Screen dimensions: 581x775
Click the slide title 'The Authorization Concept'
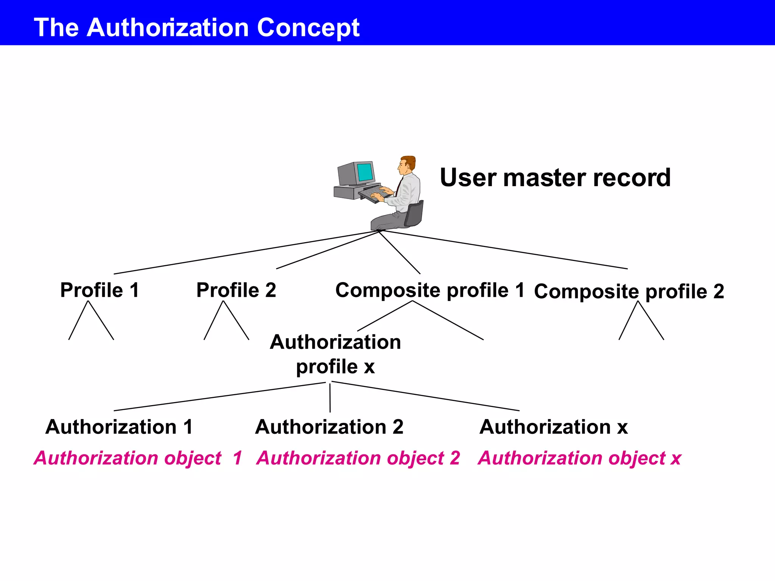(x=196, y=27)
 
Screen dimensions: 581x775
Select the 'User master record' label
(x=555, y=178)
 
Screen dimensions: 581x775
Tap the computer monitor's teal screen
(x=365, y=172)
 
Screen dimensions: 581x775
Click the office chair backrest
(x=415, y=214)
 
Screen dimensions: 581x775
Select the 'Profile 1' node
(x=100, y=290)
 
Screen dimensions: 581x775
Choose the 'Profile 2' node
(x=236, y=290)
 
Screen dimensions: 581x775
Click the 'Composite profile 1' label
(x=430, y=290)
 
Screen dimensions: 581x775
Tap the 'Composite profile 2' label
(x=629, y=292)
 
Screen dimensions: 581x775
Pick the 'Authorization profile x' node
(x=335, y=354)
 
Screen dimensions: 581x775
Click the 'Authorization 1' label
(x=119, y=427)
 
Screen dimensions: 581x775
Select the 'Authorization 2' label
(x=329, y=427)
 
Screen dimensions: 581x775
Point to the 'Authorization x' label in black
(x=553, y=427)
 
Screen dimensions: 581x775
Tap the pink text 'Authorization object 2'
(x=358, y=458)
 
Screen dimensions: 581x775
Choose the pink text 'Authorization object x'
(x=579, y=458)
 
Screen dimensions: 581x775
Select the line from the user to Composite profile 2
(x=503, y=250)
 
